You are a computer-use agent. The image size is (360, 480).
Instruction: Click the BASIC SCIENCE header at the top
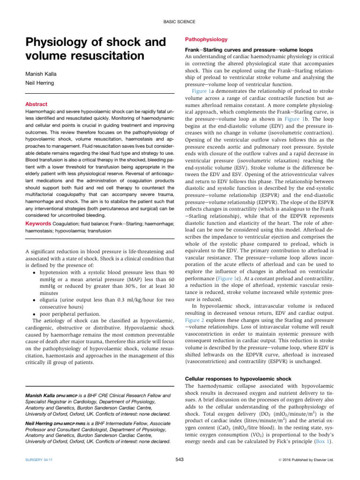(x=180, y=22)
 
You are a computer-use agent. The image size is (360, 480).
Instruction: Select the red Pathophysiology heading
(x=206, y=39)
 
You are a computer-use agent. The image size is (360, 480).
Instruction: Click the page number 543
(x=180, y=459)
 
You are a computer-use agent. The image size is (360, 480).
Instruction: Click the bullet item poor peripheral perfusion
(x=69, y=314)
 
